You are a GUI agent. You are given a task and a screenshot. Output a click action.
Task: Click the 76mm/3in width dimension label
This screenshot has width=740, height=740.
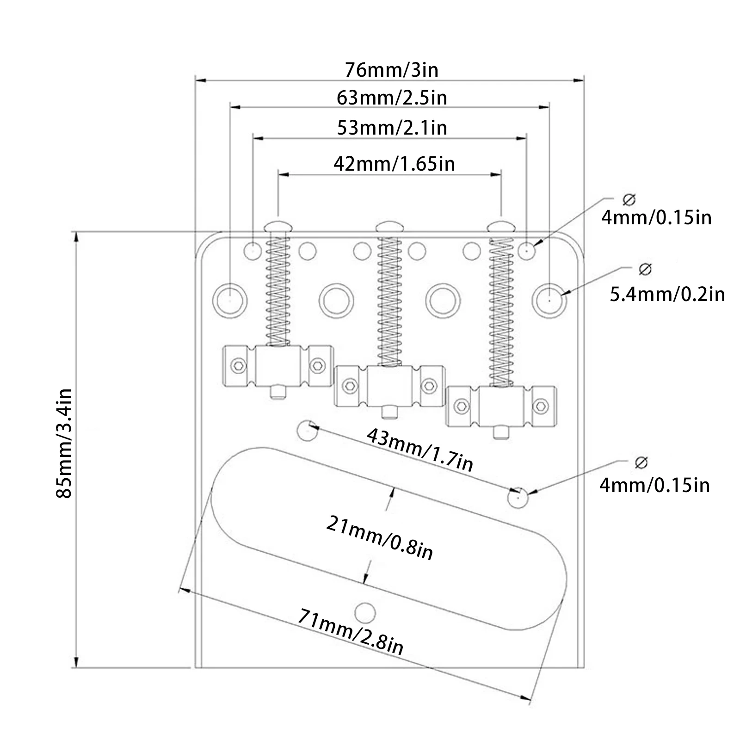tap(391, 70)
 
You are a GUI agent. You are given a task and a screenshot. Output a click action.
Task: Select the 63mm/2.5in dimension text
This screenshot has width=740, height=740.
tap(392, 98)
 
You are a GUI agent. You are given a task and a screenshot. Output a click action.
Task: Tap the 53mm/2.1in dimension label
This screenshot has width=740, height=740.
tap(392, 128)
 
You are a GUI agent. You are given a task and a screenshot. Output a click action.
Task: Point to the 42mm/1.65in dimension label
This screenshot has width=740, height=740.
tap(394, 164)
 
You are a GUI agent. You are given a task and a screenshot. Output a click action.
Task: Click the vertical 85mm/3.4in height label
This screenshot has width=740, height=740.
tap(64, 443)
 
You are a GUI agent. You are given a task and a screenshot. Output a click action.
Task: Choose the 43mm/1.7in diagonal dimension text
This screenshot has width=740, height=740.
tap(420, 450)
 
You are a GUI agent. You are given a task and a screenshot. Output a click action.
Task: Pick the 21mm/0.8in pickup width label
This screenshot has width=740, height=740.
tap(380, 538)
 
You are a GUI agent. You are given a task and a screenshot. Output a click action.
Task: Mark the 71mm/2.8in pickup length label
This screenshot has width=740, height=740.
tap(350, 631)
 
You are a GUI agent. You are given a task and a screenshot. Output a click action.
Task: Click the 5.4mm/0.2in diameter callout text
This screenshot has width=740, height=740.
tap(667, 294)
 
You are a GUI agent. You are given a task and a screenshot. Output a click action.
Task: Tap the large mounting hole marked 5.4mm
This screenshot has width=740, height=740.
tap(549, 300)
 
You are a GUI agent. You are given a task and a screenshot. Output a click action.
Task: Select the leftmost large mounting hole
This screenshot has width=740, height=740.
tap(230, 300)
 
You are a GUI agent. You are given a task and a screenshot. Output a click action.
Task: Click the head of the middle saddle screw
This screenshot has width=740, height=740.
tap(389, 227)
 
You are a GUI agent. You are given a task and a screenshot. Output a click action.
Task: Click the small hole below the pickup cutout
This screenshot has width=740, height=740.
tap(365, 612)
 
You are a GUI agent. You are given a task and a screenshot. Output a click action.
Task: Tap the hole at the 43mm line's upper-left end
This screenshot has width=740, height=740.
tap(307, 430)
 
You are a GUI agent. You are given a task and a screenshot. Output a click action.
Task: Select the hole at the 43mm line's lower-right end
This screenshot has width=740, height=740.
tap(518, 498)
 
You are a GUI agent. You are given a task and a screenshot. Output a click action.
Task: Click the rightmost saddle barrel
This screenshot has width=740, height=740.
tap(501, 406)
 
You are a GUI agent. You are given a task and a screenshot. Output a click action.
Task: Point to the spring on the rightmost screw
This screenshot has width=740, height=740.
tap(501, 310)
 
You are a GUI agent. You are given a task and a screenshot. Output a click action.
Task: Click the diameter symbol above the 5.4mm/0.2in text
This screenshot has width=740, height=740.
tap(645, 269)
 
